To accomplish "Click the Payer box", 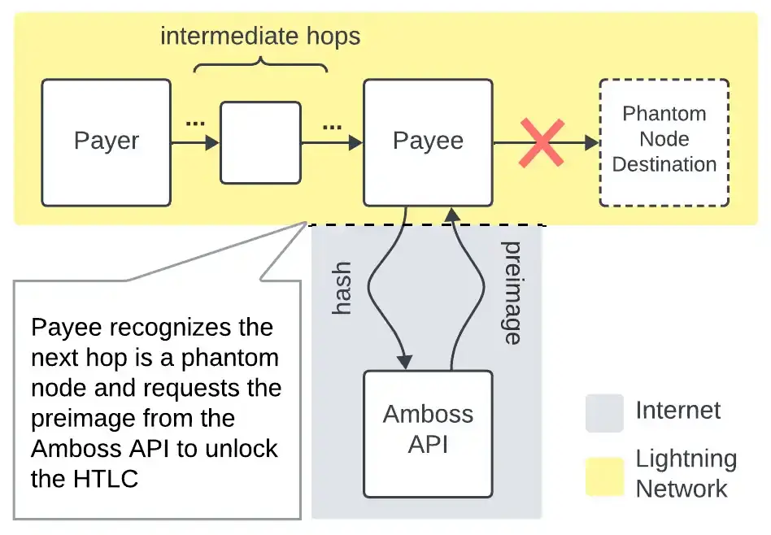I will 106,142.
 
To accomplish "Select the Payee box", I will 428,142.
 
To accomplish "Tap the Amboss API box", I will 428,433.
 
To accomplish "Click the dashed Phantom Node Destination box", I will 664,142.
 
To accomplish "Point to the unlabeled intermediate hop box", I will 260,142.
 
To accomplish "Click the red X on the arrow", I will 542,143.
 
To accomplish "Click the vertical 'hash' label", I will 343,288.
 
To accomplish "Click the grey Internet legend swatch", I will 603,413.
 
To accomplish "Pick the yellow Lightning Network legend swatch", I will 603,476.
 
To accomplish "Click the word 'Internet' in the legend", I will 678,411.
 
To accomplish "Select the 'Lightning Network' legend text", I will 685,473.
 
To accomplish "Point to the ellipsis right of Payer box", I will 195,124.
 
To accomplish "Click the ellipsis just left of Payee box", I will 332,128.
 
